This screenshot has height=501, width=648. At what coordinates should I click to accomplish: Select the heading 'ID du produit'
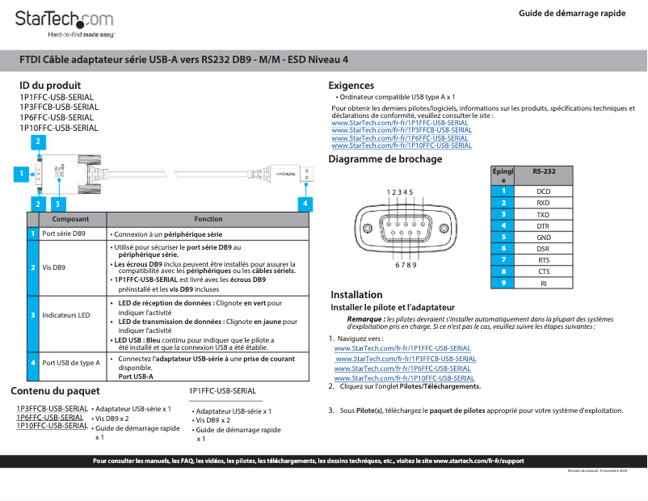point(50,86)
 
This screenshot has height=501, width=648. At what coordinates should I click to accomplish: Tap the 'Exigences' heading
point(351,86)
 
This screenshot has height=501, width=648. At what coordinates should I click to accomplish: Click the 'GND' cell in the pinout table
point(544,238)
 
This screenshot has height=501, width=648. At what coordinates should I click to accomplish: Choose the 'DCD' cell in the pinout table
point(544,192)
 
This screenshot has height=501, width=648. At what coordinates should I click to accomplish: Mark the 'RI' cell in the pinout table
point(544,284)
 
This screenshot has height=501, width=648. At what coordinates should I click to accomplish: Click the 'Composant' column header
point(71,219)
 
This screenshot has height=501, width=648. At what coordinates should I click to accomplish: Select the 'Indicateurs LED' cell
point(65,314)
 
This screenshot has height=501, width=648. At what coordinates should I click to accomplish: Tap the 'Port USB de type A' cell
point(70,363)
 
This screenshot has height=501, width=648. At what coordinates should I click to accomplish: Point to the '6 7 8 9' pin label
point(406,265)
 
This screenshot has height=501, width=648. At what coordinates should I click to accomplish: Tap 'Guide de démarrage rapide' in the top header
point(572,13)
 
